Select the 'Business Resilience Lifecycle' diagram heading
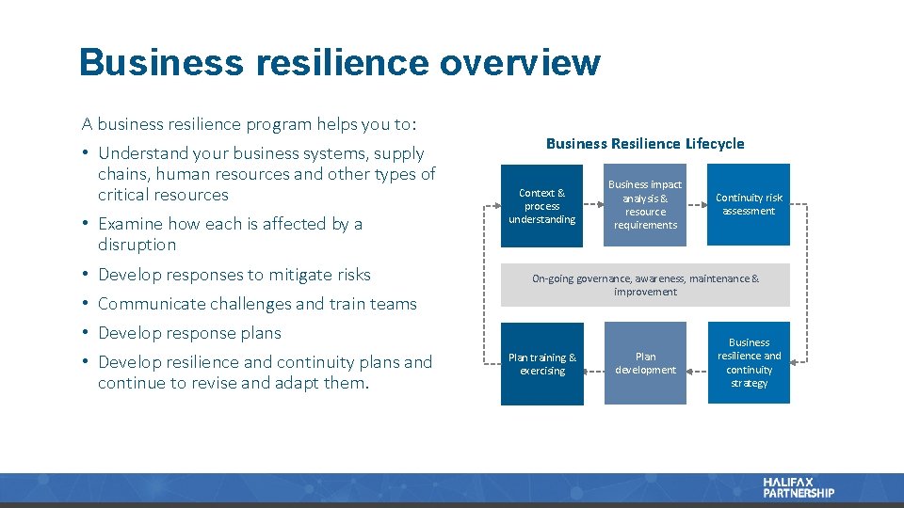(645, 144)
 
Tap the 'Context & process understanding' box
(541, 206)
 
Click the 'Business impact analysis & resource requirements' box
(645, 205)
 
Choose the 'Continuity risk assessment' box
(749, 205)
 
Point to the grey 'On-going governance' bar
(645, 285)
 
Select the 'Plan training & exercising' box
(541, 364)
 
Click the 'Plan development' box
(645, 364)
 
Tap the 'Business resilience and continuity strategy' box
(749, 363)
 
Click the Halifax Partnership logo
(799, 487)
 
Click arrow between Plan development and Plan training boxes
(593, 364)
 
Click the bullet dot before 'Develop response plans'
(85, 333)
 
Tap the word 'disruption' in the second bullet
(137, 245)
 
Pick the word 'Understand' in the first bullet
(143, 153)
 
